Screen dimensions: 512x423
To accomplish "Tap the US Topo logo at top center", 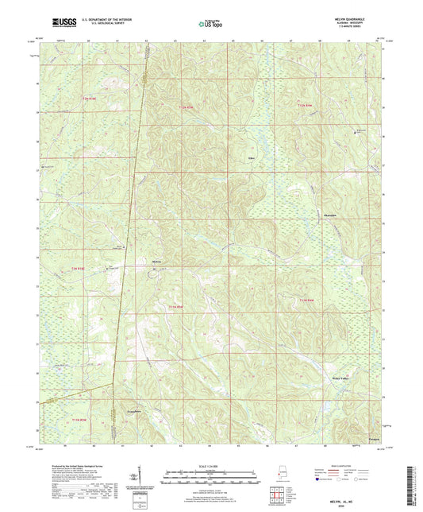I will [x=210, y=25].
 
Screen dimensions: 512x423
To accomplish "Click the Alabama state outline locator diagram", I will [x=275, y=471].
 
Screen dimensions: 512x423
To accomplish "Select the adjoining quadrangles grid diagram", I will [x=275, y=488].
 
